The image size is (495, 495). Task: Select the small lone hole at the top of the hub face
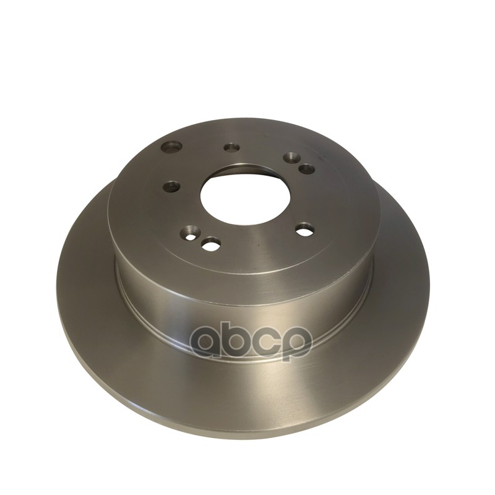(231, 147)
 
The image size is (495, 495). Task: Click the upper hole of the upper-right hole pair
(291, 157)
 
